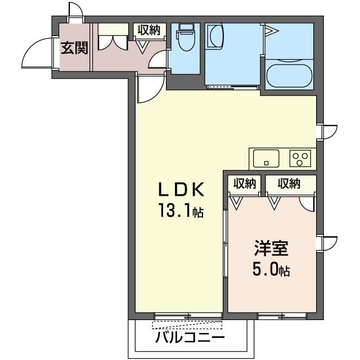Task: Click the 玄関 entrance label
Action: click(x=74, y=48)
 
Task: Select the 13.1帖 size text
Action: click(x=180, y=212)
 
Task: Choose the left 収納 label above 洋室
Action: click(x=245, y=183)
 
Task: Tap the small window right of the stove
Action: click(x=327, y=130)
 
